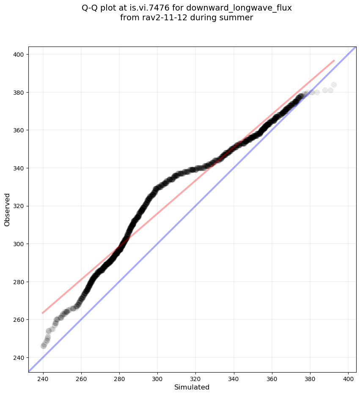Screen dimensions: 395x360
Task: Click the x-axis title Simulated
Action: (x=192, y=387)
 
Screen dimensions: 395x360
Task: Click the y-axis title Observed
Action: (x=7, y=210)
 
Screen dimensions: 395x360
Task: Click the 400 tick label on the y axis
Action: (x=20, y=55)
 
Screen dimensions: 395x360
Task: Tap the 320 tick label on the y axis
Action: (x=20, y=206)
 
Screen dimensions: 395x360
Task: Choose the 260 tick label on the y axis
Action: (x=20, y=320)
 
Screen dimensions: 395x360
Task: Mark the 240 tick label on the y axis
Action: (x=20, y=357)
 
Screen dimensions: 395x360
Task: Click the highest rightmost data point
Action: (x=334, y=85)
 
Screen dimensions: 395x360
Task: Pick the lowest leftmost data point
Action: (x=43, y=346)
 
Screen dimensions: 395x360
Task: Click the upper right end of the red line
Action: (x=335, y=60)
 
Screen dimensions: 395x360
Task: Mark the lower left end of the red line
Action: (x=42, y=313)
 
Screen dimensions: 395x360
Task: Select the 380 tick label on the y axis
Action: (x=20, y=92)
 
